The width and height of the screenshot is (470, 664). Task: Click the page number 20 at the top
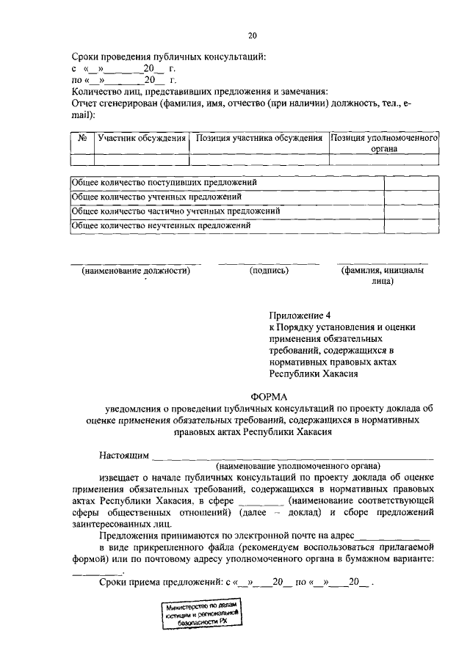pyautogui.click(x=253, y=34)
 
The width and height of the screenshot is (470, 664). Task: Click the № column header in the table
pyautogui.click(x=82, y=138)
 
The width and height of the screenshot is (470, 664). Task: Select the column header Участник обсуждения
pyautogui.click(x=141, y=138)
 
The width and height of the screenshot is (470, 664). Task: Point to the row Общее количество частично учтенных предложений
pyautogui.click(x=175, y=211)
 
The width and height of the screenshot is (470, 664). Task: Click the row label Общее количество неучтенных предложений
pyautogui.click(x=162, y=226)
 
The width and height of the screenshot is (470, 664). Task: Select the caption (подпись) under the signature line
pyautogui.click(x=269, y=270)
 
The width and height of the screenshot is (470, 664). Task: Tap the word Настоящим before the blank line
pyautogui.click(x=123, y=455)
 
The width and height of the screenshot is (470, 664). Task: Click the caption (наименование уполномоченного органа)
pyautogui.click(x=297, y=465)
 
